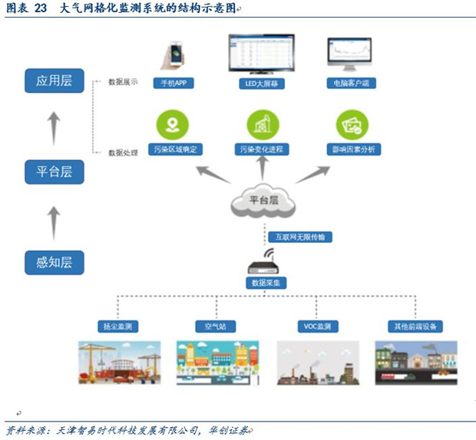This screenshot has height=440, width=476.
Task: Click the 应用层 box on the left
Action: coord(54,79)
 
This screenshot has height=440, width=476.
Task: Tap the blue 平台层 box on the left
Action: coord(54,170)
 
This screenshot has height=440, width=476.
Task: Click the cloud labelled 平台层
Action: coord(263,201)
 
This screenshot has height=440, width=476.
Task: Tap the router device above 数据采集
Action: coord(267,264)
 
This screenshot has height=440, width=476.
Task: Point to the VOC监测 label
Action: coord(317,327)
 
